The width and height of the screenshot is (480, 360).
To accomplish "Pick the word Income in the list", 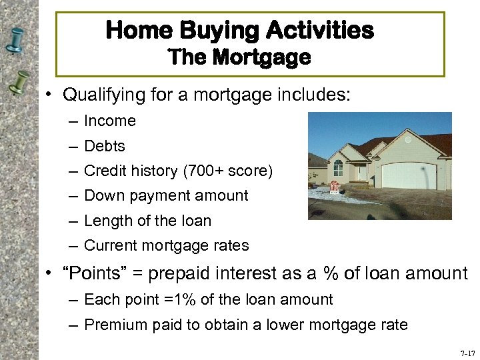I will coord(110,121).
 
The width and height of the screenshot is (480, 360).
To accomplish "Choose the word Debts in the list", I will coord(105,146).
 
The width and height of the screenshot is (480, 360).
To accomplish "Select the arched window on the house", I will coord(338,166).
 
